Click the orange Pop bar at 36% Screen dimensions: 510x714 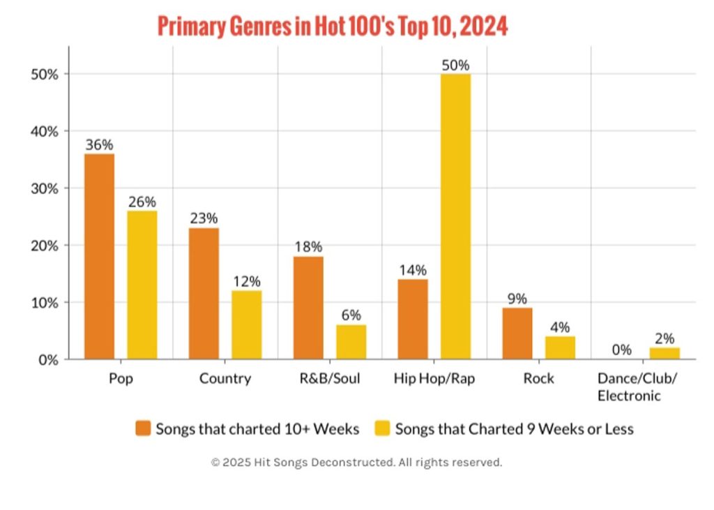coord(99,257)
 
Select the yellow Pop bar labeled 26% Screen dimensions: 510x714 coord(142,285)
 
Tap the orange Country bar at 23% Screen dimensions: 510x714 coord(204,294)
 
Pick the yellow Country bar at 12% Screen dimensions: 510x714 coord(247,325)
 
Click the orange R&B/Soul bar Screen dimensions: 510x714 coord(308,308)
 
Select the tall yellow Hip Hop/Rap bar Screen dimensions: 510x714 coord(455,217)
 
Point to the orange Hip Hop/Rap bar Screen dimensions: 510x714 coord(413,320)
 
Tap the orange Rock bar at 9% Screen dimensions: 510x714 coord(517,333)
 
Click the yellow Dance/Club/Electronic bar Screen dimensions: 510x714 coord(664,354)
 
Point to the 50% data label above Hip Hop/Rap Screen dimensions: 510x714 coord(455,65)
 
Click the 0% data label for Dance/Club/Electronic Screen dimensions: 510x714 coord(622,350)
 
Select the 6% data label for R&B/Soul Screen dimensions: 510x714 coord(351,315)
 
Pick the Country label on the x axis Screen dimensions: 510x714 coord(225,379)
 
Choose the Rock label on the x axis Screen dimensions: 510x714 coord(538,379)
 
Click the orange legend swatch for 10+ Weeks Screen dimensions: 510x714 coord(143,428)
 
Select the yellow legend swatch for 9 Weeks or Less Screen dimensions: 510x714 coord(383,428)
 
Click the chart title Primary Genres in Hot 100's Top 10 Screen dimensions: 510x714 coord(333,27)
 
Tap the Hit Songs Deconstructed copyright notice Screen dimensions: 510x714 coord(356,463)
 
